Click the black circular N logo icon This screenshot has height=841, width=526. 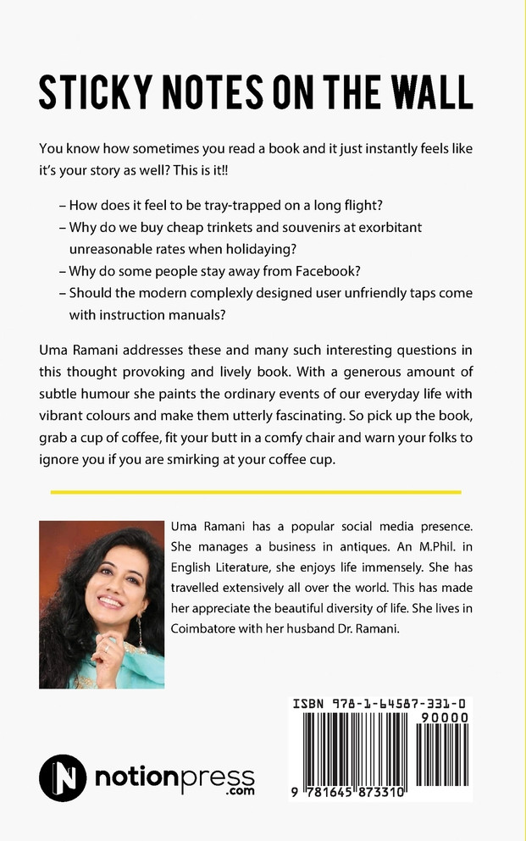[x=62, y=777]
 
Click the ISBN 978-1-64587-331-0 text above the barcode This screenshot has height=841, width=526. [x=382, y=703]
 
